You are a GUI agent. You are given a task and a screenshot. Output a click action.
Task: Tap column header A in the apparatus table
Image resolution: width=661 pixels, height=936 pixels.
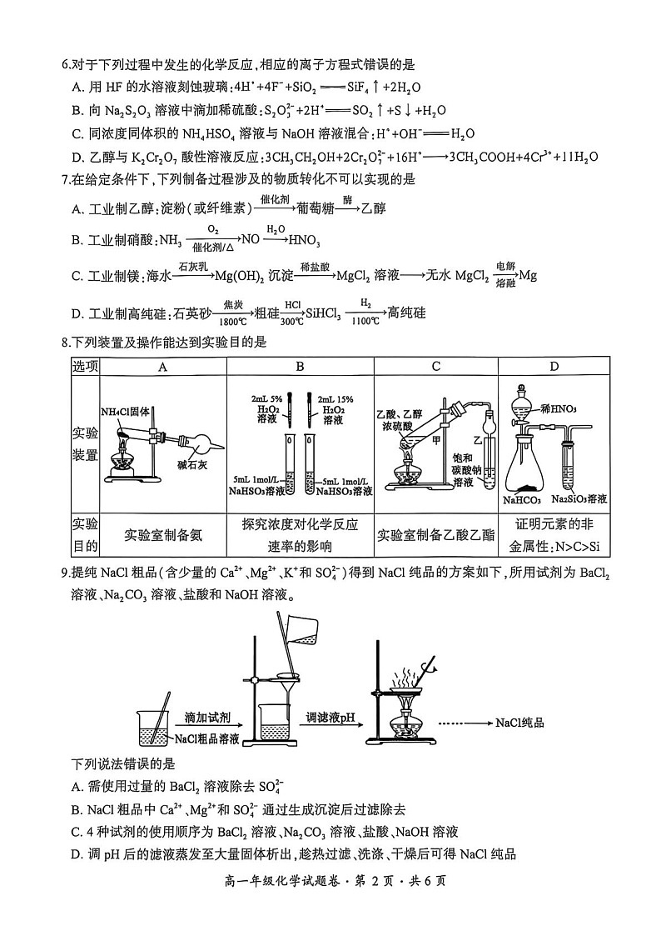(x=163, y=367)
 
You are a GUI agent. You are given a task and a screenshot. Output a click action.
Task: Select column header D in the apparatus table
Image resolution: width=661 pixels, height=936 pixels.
(x=554, y=367)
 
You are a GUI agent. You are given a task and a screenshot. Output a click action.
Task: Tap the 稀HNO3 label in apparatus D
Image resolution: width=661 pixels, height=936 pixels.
(x=559, y=408)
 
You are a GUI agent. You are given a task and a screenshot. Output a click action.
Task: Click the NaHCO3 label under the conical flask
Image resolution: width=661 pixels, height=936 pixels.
(x=522, y=500)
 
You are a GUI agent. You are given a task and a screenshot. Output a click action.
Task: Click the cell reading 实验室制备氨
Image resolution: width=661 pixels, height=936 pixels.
(x=163, y=535)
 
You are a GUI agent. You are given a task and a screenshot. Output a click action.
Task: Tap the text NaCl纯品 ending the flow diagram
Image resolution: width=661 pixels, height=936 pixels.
(x=519, y=723)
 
